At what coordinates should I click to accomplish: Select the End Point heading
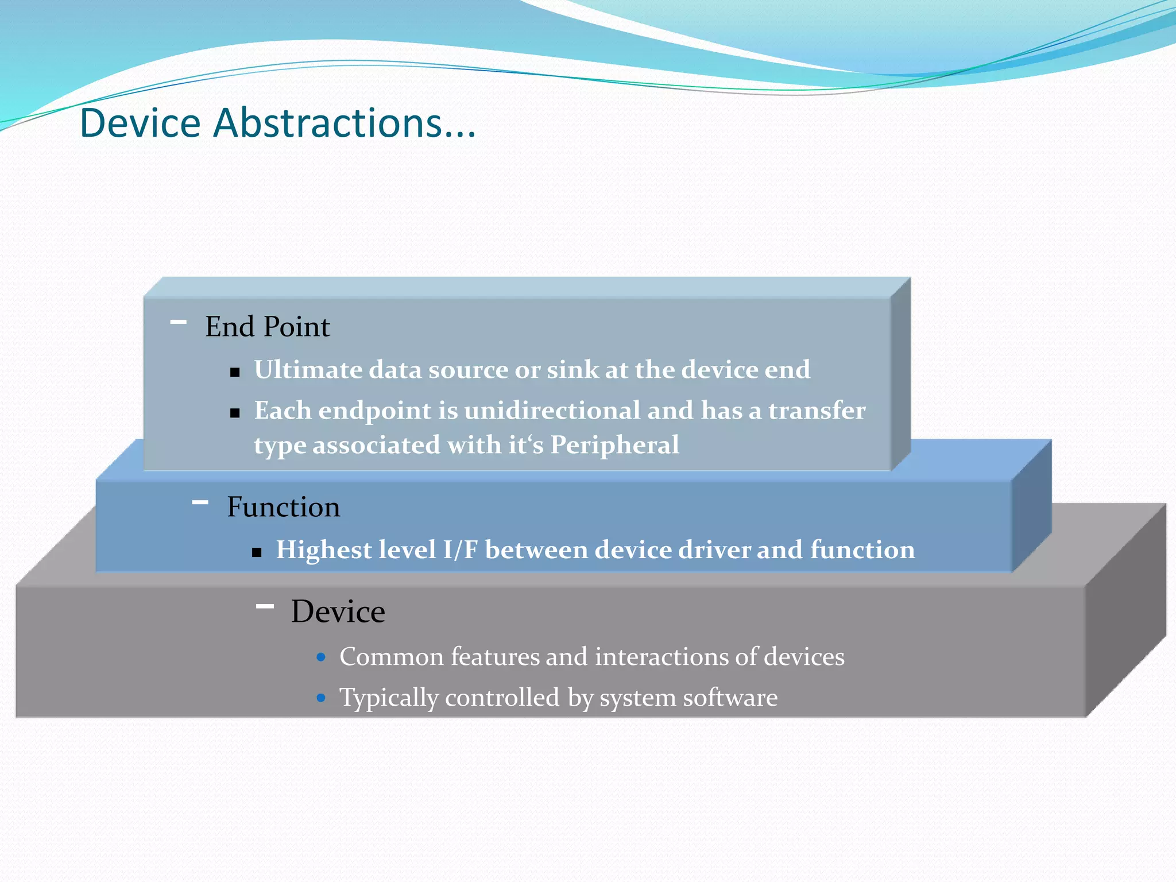click(x=267, y=327)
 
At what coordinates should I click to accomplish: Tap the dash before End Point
click(x=179, y=322)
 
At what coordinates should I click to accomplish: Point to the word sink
click(x=572, y=370)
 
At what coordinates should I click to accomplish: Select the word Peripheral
click(x=614, y=445)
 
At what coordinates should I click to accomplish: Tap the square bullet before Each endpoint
click(x=234, y=413)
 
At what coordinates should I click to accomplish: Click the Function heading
click(x=283, y=507)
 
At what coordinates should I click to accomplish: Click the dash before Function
click(x=200, y=502)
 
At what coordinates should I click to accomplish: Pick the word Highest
click(x=324, y=550)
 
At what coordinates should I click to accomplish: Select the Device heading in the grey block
click(x=338, y=612)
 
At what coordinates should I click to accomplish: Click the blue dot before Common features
click(x=322, y=657)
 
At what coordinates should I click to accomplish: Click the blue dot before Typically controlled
click(x=322, y=698)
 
